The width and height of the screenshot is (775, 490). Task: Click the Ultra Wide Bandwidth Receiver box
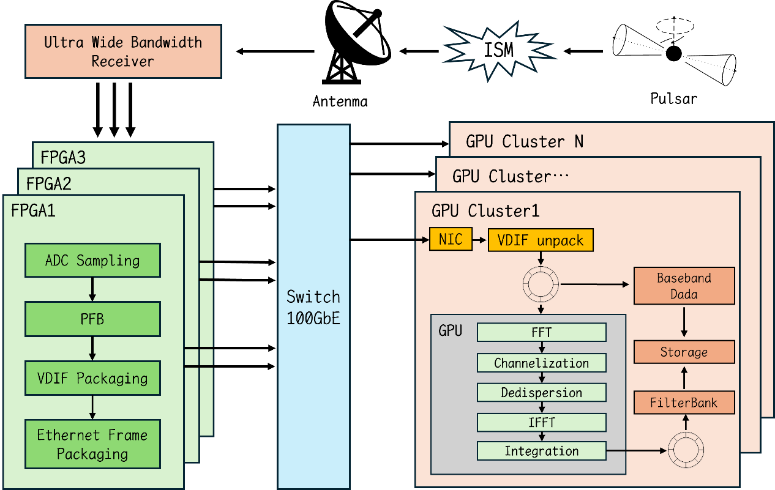click(123, 51)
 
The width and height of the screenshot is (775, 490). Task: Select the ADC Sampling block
click(92, 261)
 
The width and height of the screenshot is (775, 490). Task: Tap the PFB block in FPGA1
click(92, 319)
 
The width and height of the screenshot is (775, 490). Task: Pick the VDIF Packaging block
click(92, 378)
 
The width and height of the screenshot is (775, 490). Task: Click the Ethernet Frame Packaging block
click(92, 444)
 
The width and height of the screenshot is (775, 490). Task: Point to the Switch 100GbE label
click(313, 307)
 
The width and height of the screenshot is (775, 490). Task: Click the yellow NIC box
click(451, 240)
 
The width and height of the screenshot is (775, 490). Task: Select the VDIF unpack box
click(541, 240)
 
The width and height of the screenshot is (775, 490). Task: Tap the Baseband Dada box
click(684, 286)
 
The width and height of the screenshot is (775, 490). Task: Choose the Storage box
click(684, 352)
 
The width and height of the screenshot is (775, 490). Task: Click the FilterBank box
click(684, 403)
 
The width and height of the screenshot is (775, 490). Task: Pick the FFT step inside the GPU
click(542, 333)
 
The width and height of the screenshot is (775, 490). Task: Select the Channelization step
click(542, 363)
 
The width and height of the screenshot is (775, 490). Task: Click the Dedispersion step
click(542, 392)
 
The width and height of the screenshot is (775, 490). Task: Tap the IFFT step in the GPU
click(542, 422)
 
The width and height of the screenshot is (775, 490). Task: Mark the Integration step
click(542, 451)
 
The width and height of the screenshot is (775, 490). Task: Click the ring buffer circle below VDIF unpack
click(541, 283)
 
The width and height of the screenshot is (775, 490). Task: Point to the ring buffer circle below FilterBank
click(686, 451)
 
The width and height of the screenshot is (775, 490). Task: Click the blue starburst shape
click(497, 51)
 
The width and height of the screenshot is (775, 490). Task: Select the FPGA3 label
click(63, 158)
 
